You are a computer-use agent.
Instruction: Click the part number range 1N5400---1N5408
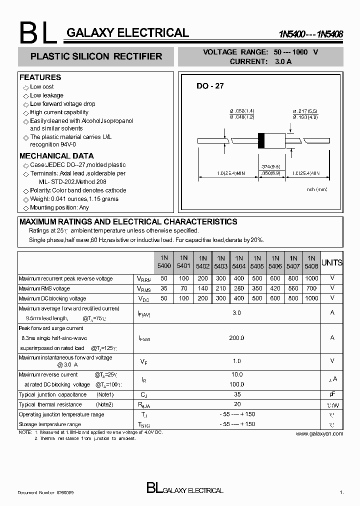click(311, 34)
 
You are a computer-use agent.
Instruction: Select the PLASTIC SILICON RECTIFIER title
click(96, 56)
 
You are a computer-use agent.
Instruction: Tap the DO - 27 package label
click(210, 86)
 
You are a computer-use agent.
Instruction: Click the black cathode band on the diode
click(260, 140)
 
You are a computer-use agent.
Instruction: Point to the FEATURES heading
click(40, 77)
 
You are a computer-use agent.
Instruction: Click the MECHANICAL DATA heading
click(56, 156)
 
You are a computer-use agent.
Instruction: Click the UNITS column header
click(332, 262)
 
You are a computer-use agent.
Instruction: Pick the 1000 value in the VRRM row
click(311, 278)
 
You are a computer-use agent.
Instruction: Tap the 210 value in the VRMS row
click(220, 288)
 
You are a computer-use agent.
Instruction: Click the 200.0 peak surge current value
click(236, 338)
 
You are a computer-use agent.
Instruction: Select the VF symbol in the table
click(143, 360)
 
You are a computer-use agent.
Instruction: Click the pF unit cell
click(332, 394)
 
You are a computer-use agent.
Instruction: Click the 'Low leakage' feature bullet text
click(46, 95)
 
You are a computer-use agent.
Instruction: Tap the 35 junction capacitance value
click(236, 394)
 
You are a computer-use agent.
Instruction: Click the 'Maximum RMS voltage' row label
click(44, 288)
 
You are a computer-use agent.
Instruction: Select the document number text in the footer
click(46, 492)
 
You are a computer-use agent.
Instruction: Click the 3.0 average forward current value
click(236, 313)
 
